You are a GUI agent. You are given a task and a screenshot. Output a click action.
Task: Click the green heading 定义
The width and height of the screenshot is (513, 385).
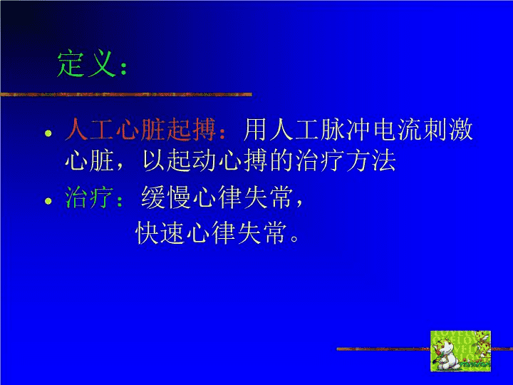(87, 63)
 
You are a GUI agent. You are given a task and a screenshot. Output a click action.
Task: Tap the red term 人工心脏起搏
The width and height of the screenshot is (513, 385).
(140, 129)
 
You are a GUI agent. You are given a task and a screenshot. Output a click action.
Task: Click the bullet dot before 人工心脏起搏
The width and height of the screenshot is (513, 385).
(48, 133)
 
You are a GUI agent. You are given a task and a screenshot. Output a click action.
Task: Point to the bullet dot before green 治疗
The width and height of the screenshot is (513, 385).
(48, 200)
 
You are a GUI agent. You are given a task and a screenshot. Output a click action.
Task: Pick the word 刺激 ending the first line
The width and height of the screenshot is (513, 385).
(447, 129)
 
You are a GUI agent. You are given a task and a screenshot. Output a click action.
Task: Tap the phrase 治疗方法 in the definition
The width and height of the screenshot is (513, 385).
(346, 160)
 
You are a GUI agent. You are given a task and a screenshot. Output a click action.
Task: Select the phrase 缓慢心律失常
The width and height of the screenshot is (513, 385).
(217, 197)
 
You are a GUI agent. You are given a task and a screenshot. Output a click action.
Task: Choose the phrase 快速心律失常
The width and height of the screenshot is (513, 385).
(210, 232)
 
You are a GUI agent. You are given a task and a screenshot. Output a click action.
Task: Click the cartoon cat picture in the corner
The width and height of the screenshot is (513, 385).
(460, 351)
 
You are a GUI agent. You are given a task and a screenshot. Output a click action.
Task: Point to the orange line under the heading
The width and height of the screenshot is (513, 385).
(126, 95)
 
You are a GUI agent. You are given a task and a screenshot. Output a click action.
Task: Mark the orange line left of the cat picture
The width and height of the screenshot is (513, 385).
(383, 349)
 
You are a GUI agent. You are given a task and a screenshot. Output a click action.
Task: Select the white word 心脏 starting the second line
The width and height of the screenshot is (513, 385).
(89, 160)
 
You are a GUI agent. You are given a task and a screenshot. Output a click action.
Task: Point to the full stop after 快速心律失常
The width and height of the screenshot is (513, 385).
(294, 237)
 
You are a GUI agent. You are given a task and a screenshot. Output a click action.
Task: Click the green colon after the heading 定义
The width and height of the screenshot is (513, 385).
(123, 68)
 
